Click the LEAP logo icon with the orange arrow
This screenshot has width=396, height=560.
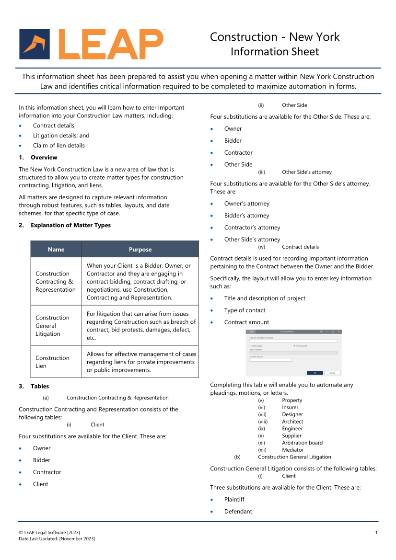click(35, 44)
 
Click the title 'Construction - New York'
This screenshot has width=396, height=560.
click(275, 37)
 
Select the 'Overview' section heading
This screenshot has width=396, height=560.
click(44, 158)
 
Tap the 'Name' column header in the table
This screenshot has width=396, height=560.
click(56, 250)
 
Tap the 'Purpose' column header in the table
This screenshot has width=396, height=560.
click(140, 250)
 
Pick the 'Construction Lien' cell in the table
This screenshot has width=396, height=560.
click(52, 362)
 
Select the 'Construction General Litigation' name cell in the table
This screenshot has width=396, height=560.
click(52, 326)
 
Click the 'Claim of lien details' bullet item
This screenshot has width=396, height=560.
click(58, 146)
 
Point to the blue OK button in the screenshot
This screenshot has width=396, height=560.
click(314, 373)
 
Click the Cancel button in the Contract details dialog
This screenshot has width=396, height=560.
click(332, 373)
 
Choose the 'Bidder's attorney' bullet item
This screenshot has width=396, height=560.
click(246, 216)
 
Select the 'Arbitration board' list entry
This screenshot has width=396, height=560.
click(302, 443)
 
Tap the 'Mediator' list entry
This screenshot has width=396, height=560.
click(292, 450)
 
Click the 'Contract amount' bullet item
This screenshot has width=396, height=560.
click(246, 322)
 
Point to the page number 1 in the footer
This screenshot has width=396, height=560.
click(376, 533)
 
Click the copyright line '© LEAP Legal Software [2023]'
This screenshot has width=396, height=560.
click(49, 533)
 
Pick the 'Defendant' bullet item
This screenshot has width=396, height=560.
click(238, 512)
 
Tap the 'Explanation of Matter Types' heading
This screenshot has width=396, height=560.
click(70, 226)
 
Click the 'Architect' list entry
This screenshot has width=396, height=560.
click(292, 422)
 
